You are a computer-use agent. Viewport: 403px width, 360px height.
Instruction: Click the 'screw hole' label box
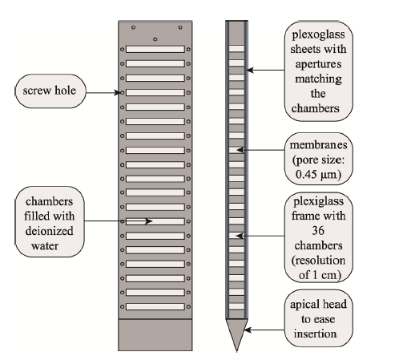(50, 91)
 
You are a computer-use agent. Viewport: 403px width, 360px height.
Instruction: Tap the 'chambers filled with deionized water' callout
(50, 222)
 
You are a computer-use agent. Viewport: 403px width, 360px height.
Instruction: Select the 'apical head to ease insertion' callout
(319, 318)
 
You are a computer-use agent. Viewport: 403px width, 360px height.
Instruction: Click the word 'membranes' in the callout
(319, 145)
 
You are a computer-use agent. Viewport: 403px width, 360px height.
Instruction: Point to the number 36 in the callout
(318, 230)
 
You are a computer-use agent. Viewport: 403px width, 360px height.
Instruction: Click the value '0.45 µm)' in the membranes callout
(318, 175)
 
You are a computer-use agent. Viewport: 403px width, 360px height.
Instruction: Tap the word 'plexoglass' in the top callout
(318, 34)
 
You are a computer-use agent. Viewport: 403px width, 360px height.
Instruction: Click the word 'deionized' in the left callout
(49, 231)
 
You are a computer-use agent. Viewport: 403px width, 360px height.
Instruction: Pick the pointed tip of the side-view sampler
(236, 351)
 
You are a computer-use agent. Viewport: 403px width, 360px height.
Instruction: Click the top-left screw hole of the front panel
(133, 27)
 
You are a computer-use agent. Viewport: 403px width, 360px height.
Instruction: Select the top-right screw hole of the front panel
(180, 27)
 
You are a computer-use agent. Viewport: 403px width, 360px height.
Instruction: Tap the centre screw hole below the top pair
(155, 39)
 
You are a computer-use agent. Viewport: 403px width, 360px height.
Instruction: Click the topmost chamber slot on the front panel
(155, 49)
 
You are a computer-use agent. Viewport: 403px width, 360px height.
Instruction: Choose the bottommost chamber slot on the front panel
(155, 306)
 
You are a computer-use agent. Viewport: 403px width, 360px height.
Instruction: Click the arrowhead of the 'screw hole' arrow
(118, 93)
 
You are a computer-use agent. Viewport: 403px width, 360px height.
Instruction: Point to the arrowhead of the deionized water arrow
(149, 221)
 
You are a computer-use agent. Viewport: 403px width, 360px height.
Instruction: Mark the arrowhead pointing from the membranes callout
(240, 150)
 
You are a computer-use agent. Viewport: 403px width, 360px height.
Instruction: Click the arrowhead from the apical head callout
(248, 330)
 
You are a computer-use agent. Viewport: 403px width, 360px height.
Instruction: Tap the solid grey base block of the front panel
(155, 334)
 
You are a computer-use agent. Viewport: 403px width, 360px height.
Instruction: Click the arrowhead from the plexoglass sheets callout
(250, 71)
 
